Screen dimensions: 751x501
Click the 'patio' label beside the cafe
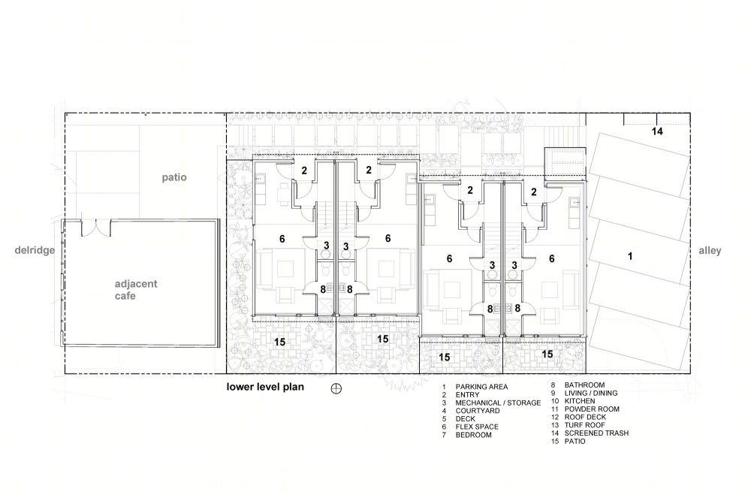tap(174, 178)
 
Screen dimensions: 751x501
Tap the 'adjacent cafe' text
tap(135, 290)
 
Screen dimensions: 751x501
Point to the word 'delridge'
tap(35, 250)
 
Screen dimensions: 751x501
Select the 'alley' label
tap(710, 251)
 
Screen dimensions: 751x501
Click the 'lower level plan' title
tap(265, 387)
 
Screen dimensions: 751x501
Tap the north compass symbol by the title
tap(336, 388)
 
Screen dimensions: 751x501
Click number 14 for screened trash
tap(657, 131)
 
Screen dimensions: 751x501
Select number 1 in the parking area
tap(630, 256)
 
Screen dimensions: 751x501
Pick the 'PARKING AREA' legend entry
tap(481, 387)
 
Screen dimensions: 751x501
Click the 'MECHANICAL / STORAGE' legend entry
tap(498, 403)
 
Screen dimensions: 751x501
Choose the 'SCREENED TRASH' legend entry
tap(596, 433)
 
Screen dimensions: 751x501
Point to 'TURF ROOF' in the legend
tap(584, 425)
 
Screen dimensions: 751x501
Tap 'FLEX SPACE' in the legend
tap(477, 427)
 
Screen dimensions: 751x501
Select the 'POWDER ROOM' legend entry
tap(592, 409)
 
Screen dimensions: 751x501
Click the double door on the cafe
tap(96, 228)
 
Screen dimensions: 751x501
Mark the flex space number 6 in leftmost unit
tap(282, 239)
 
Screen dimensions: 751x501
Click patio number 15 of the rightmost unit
tap(547, 354)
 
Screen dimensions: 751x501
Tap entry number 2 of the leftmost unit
tap(304, 170)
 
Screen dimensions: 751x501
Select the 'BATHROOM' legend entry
tap(584, 385)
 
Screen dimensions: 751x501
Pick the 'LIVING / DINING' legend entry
tap(590, 393)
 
